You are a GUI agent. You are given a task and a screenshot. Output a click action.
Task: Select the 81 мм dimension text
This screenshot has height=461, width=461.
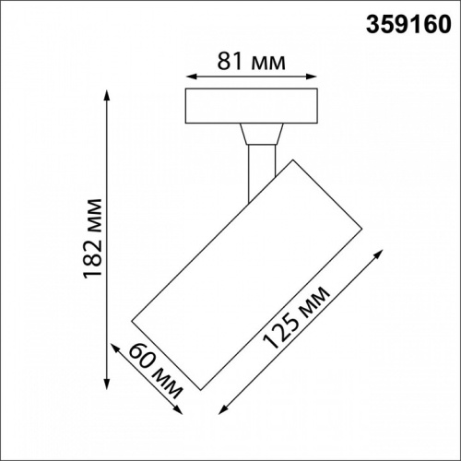pyautogui.click(x=252, y=63)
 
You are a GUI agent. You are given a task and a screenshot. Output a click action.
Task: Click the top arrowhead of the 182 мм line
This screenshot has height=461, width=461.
pyautogui.click(x=110, y=93)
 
